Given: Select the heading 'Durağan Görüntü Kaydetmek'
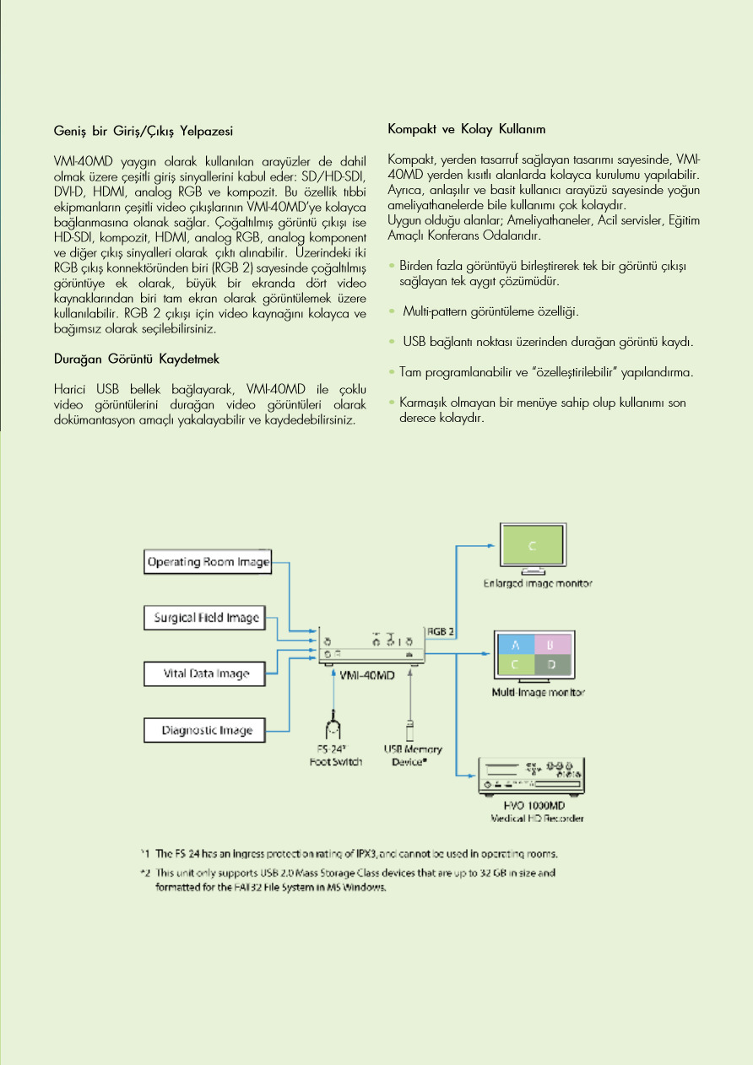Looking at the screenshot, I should (x=136, y=359).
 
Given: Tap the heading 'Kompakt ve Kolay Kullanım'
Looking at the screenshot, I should (x=466, y=129).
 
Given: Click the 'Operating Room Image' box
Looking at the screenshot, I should (x=209, y=562).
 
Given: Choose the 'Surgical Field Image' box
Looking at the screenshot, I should (x=206, y=618).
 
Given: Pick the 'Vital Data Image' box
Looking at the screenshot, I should (x=207, y=673).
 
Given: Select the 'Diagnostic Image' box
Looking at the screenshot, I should (x=207, y=730).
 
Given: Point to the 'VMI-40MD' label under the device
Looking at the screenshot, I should (x=368, y=677).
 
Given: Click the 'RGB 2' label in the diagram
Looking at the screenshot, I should (x=441, y=630).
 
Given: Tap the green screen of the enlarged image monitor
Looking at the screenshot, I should (x=532, y=546).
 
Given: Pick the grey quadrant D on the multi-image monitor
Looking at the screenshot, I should (x=550, y=664).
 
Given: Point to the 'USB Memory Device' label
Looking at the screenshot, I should (x=413, y=754).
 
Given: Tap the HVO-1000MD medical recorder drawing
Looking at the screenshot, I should (x=529, y=776).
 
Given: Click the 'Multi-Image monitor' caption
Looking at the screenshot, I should (x=538, y=693).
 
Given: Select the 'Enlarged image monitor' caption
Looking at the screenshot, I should (x=537, y=583).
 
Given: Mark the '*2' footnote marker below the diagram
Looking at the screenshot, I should (x=144, y=872).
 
